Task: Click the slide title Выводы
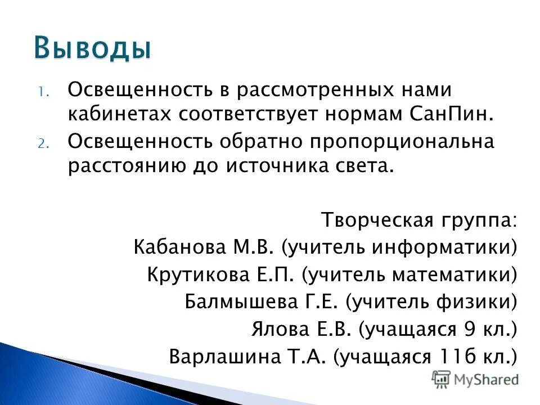(x=92, y=48)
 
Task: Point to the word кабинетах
(x=120, y=114)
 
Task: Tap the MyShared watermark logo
(x=475, y=380)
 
